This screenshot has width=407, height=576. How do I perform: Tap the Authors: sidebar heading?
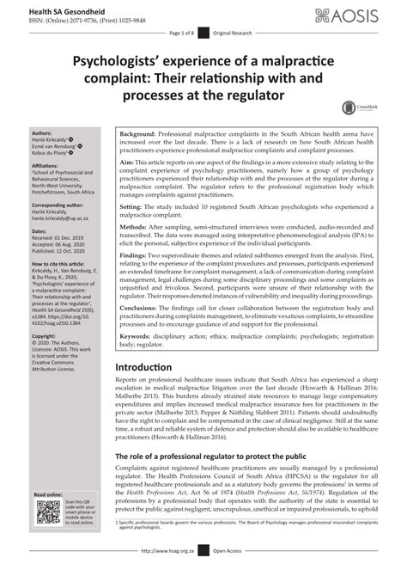tap(41, 134)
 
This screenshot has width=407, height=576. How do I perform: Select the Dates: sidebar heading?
tap(39, 231)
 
